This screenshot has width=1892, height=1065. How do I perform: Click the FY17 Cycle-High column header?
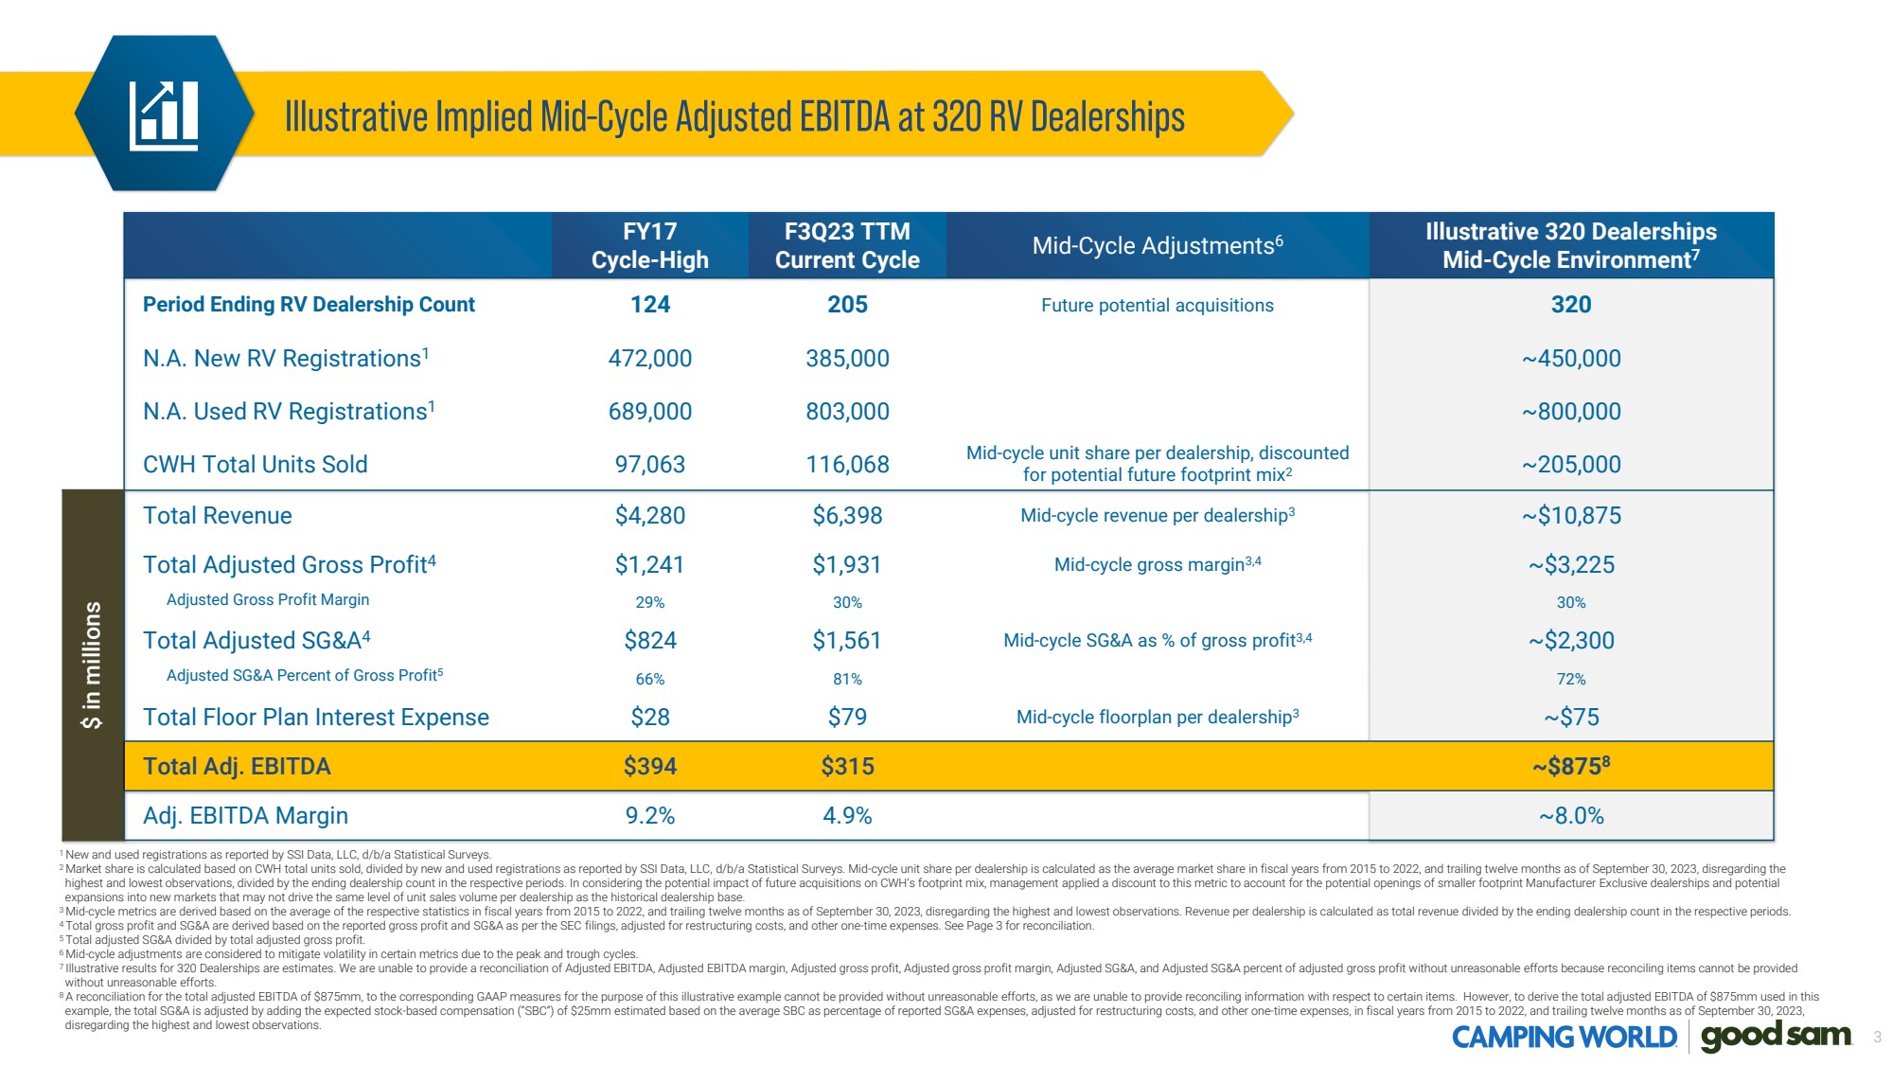click(x=650, y=245)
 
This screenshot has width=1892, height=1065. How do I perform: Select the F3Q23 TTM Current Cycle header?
click(x=847, y=245)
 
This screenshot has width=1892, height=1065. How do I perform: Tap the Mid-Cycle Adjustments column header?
click(x=1157, y=245)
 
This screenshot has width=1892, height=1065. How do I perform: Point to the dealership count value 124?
click(x=650, y=305)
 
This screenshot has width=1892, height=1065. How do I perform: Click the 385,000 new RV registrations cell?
click(x=847, y=359)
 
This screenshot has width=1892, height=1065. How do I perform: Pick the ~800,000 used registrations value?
click(x=1571, y=412)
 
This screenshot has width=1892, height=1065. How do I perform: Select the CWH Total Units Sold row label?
click(x=256, y=465)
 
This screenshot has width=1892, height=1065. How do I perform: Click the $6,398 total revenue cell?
click(x=847, y=516)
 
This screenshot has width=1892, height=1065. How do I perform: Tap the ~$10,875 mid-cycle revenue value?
click(x=1571, y=516)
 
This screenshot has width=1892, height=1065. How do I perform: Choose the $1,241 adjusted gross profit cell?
click(x=650, y=565)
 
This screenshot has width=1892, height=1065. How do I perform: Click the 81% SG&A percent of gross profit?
click(x=847, y=680)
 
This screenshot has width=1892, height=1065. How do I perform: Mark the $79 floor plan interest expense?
click(x=847, y=718)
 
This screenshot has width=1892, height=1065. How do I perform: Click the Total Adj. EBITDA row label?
click(x=237, y=767)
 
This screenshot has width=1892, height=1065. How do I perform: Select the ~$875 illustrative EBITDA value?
click(x=1571, y=767)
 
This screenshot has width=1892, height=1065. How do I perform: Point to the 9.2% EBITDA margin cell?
click(x=650, y=816)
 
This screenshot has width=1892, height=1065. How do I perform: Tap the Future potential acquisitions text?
click(x=1157, y=306)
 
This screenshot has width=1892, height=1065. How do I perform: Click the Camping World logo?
click(x=1564, y=1038)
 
